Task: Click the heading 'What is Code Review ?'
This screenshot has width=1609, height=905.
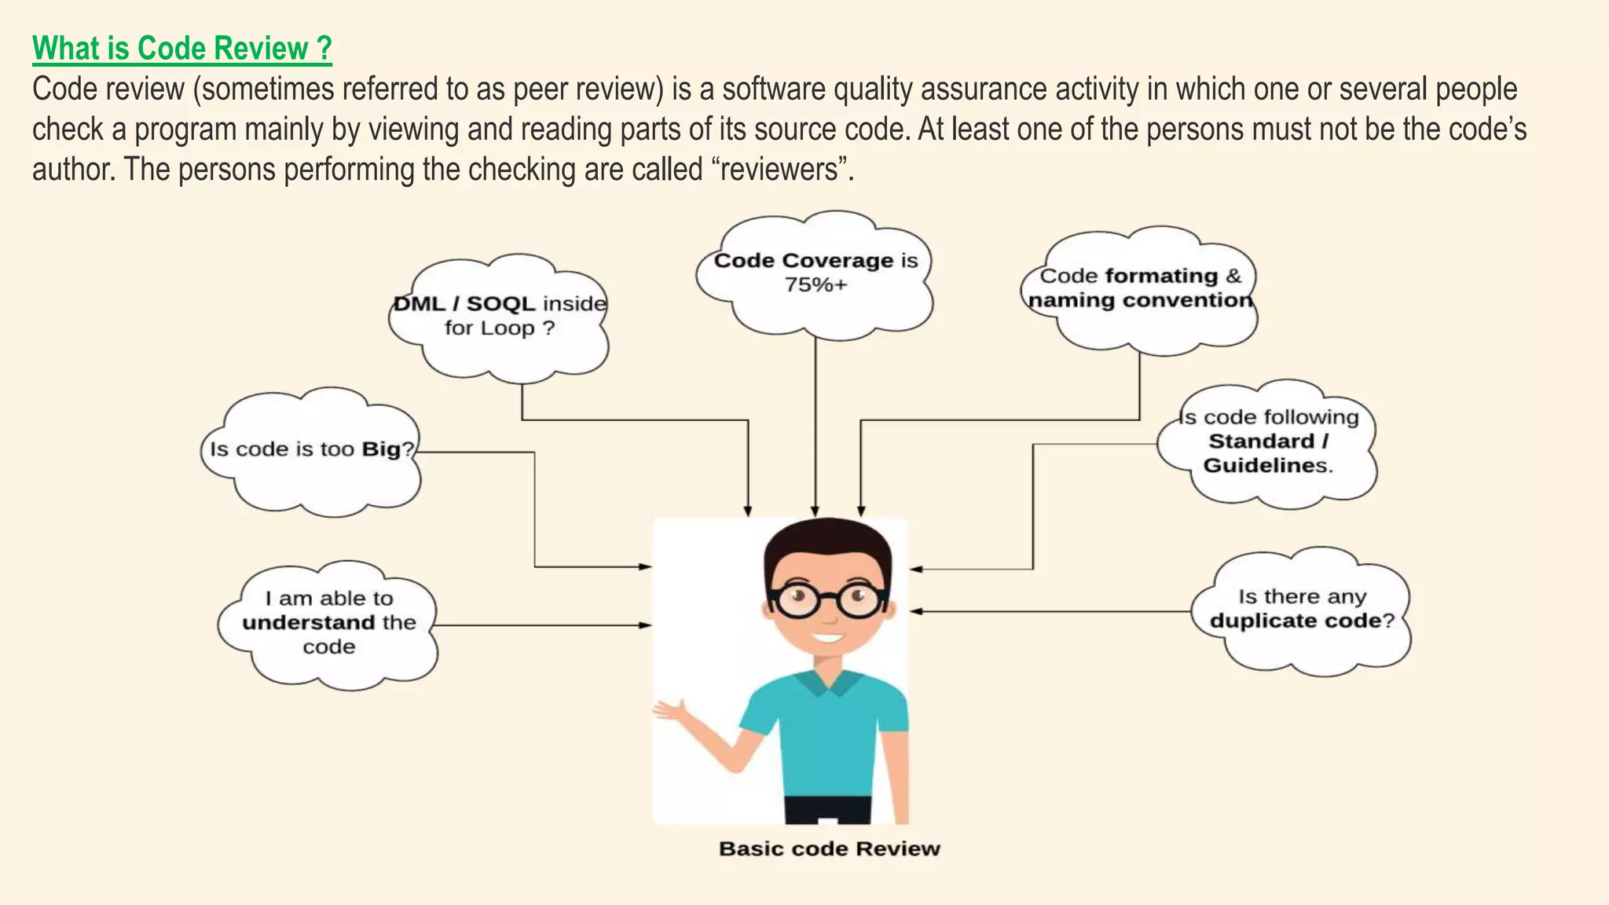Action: tap(182, 49)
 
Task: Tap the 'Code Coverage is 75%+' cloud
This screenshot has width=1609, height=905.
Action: tap(815, 275)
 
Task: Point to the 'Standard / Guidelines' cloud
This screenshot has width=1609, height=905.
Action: tap(1267, 442)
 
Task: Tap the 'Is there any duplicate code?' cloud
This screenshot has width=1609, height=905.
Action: tap(1301, 610)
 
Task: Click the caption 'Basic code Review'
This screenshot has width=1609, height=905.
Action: tap(829, 848)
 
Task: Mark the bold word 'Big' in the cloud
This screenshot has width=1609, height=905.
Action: tap(381, 449)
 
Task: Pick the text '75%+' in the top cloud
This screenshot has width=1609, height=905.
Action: tap(815, 285)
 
